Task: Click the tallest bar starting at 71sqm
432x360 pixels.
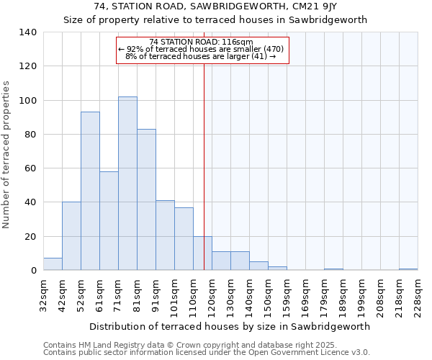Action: (127, 184)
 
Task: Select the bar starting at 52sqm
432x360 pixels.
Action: (90, 191)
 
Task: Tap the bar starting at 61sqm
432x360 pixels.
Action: (109, 220)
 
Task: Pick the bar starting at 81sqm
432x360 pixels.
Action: (146, 199)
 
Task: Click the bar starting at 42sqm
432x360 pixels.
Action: (71, 236)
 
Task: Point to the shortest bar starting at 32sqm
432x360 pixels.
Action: (53, 264)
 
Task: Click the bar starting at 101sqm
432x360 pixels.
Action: (184, 239)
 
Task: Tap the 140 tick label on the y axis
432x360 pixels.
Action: (28, 32)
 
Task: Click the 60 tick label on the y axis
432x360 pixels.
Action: (31, 168)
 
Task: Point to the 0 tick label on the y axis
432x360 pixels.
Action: (34, 271)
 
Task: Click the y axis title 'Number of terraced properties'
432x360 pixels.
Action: (7, 155)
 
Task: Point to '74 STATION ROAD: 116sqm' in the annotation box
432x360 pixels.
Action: (202, 42)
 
